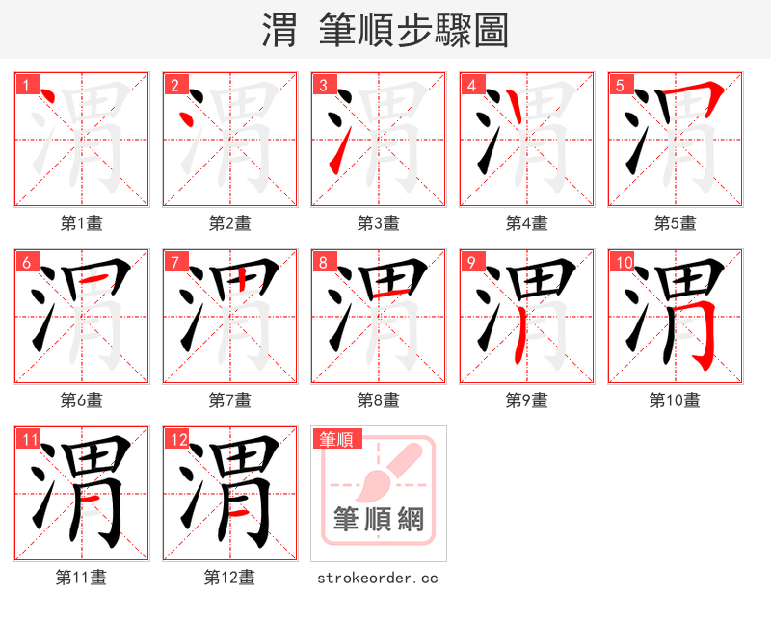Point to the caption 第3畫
coord(378,223)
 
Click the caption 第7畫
coord(229,400)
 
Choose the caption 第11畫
coord(81,578)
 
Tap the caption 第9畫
coord(526,400)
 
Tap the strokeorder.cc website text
coord(378,578)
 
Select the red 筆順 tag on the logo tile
coord(336,440)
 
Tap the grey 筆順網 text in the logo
coord(378,520)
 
